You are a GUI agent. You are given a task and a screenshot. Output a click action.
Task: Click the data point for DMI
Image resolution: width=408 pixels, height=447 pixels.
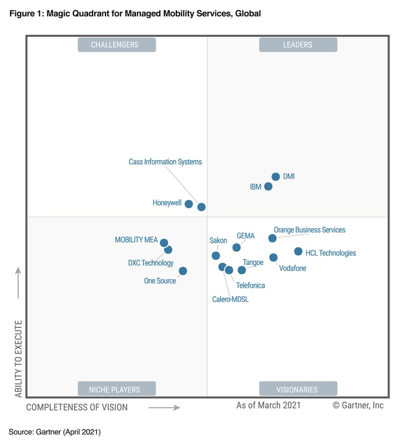(x=276, y=177)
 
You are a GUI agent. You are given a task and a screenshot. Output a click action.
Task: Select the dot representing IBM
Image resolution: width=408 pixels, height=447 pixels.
(x=268, y=186)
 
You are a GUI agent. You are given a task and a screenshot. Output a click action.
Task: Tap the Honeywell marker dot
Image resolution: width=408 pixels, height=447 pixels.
(x=189, y=204)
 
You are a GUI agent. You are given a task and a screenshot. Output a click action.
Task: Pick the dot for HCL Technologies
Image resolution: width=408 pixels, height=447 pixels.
(x=298, y=251)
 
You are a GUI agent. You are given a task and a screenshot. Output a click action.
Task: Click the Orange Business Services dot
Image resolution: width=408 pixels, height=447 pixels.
(x=273, y=238)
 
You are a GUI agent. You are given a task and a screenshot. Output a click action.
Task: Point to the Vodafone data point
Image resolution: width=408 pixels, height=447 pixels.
(x=274, y=257)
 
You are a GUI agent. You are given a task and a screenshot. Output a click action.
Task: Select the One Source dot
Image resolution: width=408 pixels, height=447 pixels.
(x=183, y=271)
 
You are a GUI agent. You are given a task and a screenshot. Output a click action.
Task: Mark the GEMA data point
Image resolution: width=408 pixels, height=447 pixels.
(x=237, y=248)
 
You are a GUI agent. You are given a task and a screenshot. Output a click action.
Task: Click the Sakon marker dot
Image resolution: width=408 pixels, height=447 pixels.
(x=216, y=255)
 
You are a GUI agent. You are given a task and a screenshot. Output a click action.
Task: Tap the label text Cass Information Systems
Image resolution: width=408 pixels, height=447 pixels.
(x=165, y=162)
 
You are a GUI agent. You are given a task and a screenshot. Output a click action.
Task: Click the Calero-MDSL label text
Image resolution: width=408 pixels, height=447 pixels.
(x=230, y=299)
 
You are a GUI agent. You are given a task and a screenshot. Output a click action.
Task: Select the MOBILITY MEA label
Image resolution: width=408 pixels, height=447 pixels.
(x=136, y=240)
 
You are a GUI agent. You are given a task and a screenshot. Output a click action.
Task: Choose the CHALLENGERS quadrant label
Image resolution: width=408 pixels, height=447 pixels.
(x=116, y=45)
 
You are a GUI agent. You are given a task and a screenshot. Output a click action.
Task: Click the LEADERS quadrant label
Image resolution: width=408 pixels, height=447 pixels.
(x=298, y=45)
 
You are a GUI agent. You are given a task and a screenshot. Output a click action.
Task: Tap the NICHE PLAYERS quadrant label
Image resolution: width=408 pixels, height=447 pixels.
(x=116, y=389)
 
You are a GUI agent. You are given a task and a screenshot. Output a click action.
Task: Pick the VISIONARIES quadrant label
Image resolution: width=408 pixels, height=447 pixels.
(x=298, y=389)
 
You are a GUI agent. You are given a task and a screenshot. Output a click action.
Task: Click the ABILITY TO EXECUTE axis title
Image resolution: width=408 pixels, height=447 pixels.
(x=18, y=358)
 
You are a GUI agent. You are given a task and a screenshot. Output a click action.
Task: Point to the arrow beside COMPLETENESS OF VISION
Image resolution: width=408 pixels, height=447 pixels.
(x=164, y=407)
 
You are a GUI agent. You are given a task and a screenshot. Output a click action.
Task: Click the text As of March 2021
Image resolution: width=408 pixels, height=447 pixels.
(x=268, y=405)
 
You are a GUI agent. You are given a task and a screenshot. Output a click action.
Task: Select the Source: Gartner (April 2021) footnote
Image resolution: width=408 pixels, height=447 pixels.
(x=54, y=432)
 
